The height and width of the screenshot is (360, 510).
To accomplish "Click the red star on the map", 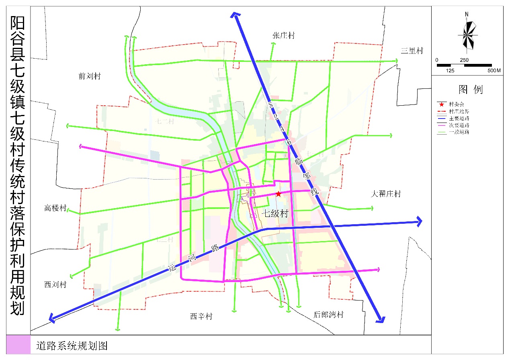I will (278, 194).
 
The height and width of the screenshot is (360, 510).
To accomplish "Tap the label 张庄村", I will (284, 36).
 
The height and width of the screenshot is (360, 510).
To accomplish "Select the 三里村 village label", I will (412, 51).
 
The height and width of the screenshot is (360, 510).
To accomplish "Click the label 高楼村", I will (55, 208).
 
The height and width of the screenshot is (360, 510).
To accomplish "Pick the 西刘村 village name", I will (55, 285).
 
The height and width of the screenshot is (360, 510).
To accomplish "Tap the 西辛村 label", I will (201, 317).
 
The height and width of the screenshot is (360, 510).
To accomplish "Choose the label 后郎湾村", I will (328, 315).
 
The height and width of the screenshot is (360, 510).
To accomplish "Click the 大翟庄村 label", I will (386, 194).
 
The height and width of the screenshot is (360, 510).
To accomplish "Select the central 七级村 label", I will (275, 214).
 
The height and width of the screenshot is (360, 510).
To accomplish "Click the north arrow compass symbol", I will (467, 34).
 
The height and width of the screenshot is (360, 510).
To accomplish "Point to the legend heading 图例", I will (470, 89).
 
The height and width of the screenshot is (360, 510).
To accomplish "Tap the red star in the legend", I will (442, 104).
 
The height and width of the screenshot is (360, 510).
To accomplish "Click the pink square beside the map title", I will (18, 345).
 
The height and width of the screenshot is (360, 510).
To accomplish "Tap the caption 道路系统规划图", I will (72, 346).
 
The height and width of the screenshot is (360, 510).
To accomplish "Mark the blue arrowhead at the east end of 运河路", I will (419, 221).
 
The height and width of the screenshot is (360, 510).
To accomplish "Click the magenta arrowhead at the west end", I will (81, 147).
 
